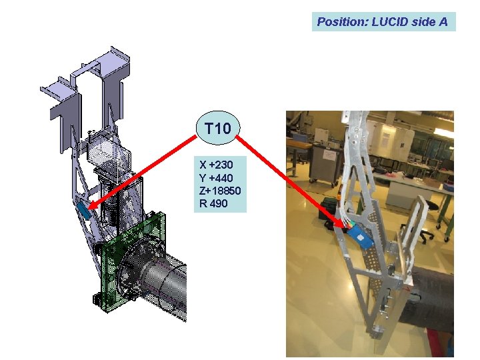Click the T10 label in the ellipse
[218, 128]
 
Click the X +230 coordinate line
[216, 165]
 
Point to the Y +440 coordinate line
[216, 178]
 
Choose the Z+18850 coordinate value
[220, 191]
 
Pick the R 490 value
[213, 203]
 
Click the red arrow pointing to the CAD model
[142, 173]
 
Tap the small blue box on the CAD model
[83, 210]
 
